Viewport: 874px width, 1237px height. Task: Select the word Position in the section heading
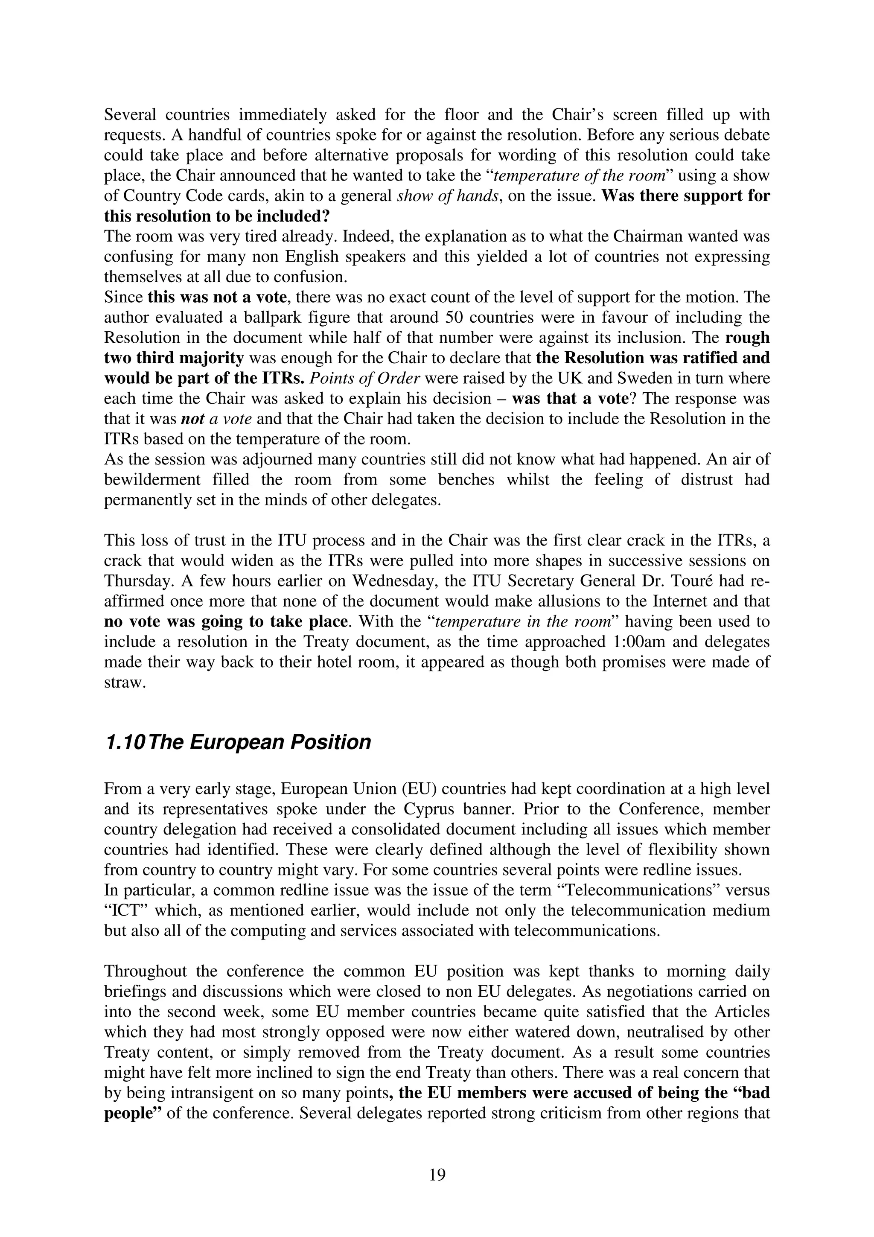331,742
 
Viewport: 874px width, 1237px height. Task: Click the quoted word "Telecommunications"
641,890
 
